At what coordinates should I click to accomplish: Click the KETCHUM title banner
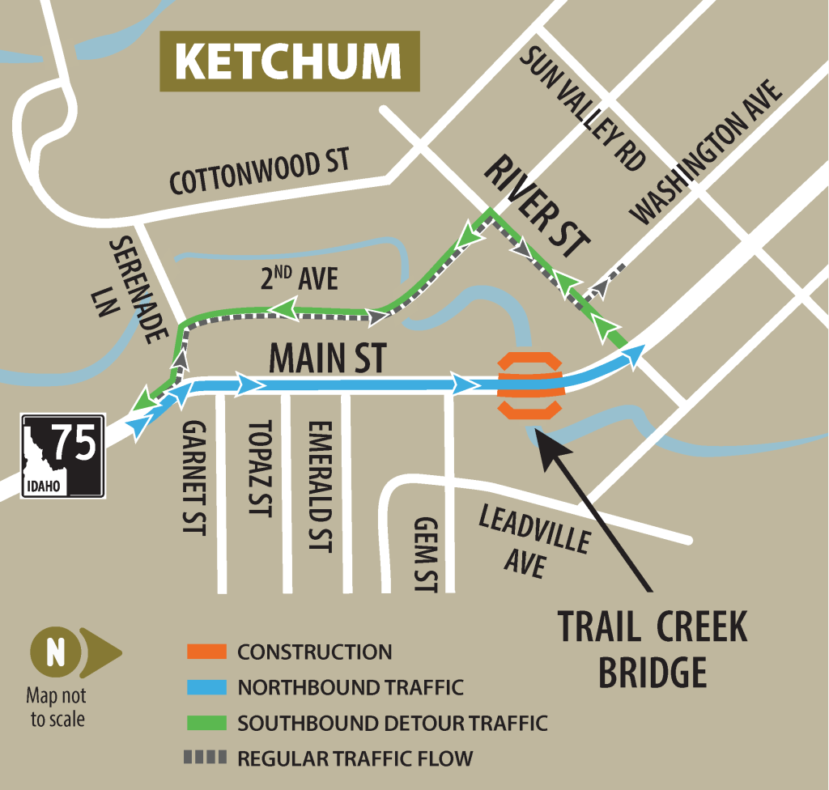[288, 61]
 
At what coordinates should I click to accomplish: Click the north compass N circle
[55, 653]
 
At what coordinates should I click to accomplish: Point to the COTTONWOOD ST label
[259, 172]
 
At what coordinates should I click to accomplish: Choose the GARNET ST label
[194, 478]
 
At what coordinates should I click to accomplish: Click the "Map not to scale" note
[56, 707]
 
